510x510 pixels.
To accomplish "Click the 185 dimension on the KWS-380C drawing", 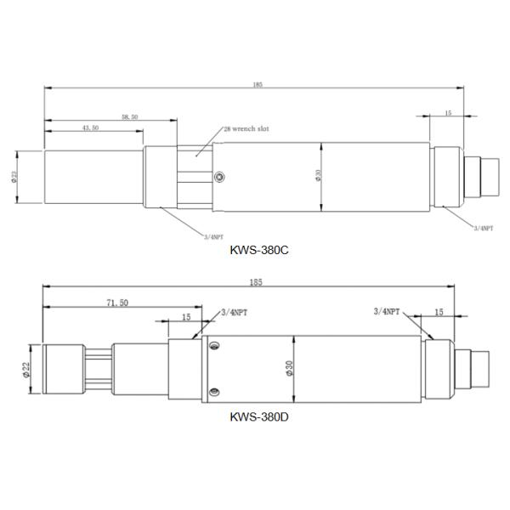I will tap(258, 84).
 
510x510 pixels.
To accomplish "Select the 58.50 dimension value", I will tap(130, 116).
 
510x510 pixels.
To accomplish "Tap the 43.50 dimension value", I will tap(89, 127).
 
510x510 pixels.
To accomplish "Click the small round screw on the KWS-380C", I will tap(221, 177).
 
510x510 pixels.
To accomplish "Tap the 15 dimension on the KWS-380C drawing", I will tap(448, 113).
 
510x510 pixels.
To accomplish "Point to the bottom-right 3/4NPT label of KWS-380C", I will tap(482, 228).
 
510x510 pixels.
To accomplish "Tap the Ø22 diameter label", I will tap(27, 368).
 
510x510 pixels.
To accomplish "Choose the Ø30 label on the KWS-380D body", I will tap(290, 367).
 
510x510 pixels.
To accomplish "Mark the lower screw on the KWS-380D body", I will tap(213, 391).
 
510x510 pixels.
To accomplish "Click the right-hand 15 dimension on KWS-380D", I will tap(439, 313).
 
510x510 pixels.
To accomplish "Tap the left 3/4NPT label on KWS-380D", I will tap(235, 313).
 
